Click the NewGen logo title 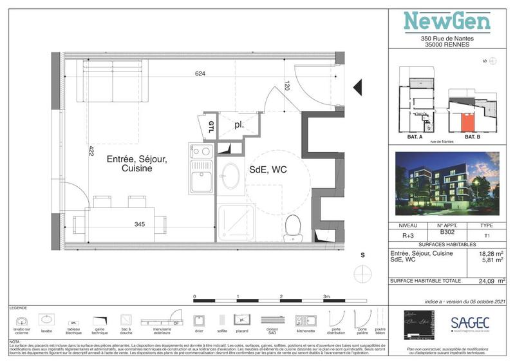tap(447, 21)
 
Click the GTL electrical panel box tap(211, 126)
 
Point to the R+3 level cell tap(407, 236)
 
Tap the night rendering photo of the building tap(447, 184)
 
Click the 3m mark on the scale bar tap(326, 296)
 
